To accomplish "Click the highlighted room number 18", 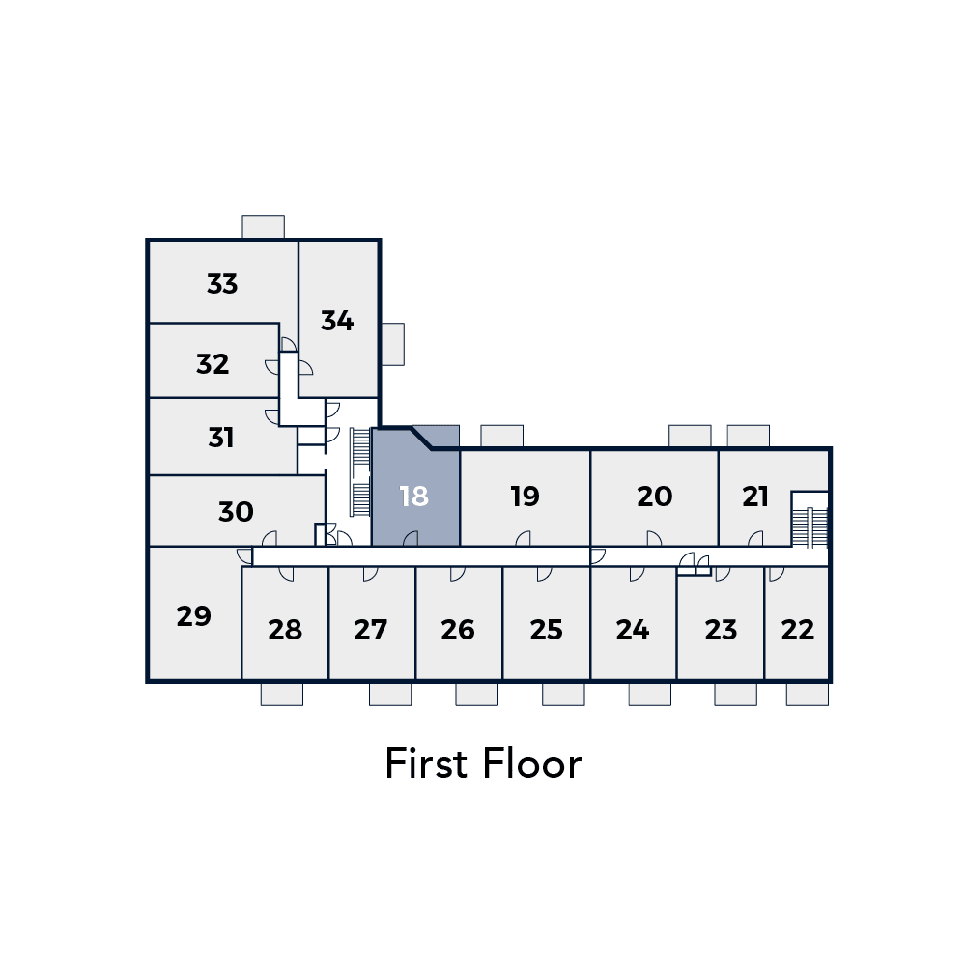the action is pos(413,496).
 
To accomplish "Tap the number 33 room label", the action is pos(222,284).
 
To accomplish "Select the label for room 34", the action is pos(337,321).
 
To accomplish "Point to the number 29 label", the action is pos(193,616).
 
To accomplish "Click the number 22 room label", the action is pos(797,630).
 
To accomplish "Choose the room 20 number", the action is pos(654,496).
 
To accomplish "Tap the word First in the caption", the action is pos(425,763).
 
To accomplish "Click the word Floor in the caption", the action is pos(532,763).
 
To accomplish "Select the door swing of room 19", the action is pos(523,538).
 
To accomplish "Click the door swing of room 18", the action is pos(411,538).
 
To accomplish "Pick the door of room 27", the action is pos(370,574).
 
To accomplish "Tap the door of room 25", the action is pos(545,574).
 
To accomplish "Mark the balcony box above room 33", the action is pos(263,227).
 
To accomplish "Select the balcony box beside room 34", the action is pos(393,345).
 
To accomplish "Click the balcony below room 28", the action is pos(281,695).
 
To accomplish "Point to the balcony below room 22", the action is pos(807,695).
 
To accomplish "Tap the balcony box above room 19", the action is pos(502,436).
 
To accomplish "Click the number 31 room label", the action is pos(220,438).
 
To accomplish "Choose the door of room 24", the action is pos(637,574).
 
